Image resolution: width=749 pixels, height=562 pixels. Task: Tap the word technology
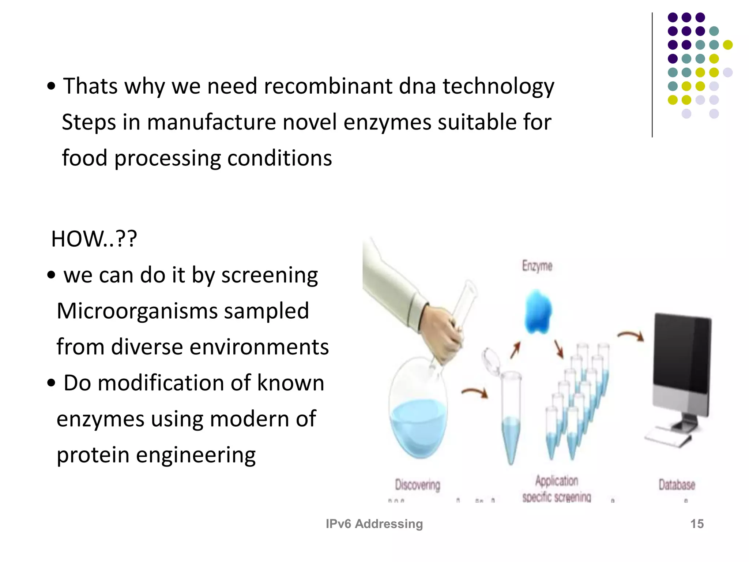(498, 87)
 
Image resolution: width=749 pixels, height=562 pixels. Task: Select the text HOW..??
(94, 239)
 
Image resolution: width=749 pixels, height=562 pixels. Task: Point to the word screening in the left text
(270, 275)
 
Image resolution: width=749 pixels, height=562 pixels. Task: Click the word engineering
(196, 456)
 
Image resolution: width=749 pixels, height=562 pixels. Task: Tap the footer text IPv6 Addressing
(374, 524)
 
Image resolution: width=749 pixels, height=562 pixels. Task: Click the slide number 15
(697, 524)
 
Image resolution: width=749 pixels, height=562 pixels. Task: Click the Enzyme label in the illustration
(537, 266)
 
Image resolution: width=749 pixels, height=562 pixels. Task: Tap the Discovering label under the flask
(417, 485)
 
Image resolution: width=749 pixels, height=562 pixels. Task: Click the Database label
(677, 485)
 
